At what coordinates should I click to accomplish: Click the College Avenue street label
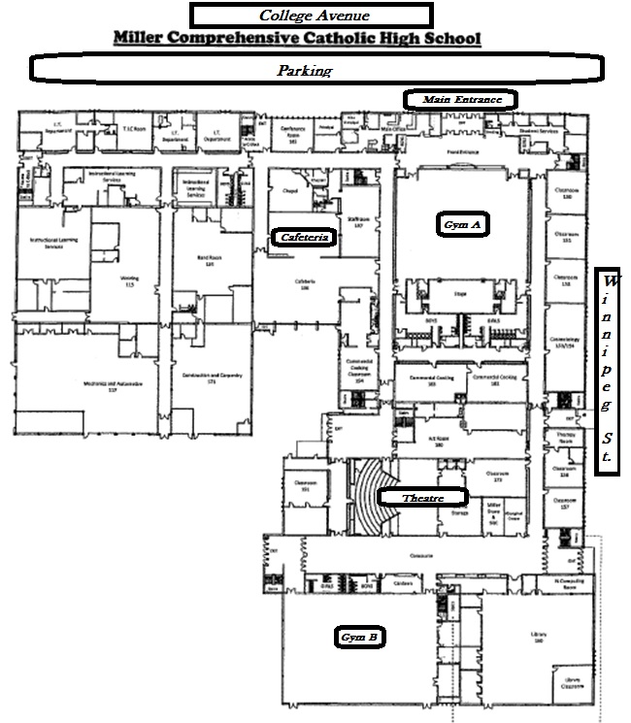311,16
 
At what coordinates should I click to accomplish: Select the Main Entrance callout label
461,99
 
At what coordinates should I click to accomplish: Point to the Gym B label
359,638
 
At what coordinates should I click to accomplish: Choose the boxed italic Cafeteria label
305,237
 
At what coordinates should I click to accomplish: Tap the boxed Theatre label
422,498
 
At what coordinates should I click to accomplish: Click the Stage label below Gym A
461,291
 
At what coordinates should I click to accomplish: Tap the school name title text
297,39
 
